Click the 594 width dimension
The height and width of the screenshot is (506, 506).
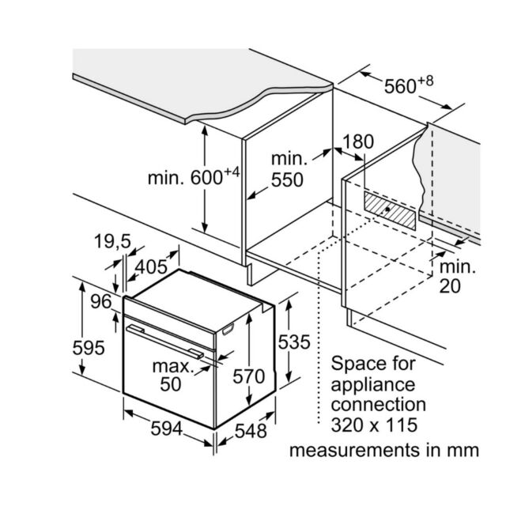pos(167,429)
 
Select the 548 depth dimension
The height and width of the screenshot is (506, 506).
pos(251,431)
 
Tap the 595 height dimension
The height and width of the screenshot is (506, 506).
pos(89,348)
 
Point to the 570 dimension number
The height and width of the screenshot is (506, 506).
pos(249,376)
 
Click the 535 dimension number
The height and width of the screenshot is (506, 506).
pos(294,342)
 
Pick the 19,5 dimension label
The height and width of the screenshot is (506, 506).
pos(112,241)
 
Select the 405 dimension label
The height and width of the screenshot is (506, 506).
pos(151,267)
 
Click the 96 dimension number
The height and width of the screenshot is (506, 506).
pos(100,302)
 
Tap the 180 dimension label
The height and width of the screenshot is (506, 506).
pos(358,142)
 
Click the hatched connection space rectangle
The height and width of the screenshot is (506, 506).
pos(390,210)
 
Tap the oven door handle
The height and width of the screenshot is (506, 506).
pos(164,342)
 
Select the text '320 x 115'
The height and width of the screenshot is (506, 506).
pos(374,425)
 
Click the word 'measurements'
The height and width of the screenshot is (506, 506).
pos(356,450)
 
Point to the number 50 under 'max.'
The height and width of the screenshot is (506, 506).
pos(171,384)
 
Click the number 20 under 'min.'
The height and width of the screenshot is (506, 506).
pos(450,286)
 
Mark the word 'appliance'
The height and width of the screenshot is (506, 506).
pos(373,386)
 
